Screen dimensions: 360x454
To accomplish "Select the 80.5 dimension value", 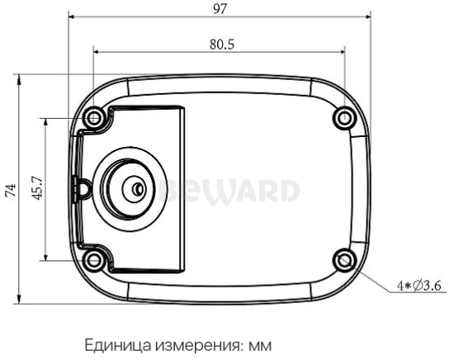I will click(220, 43).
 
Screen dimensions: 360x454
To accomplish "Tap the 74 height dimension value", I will click(10, 189).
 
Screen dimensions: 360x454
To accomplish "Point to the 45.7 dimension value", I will click(36, 189).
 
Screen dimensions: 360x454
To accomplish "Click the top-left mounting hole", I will click(95, 117).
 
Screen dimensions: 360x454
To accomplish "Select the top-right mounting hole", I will click(344, 117).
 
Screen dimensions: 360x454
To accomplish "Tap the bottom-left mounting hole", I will click(95, 261).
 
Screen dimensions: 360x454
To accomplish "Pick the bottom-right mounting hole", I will click(344, 261).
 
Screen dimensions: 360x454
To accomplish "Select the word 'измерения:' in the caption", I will click(191, 343).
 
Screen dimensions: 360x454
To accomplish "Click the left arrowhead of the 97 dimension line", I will click(72, 16).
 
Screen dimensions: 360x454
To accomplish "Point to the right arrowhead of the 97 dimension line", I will click(369, 16).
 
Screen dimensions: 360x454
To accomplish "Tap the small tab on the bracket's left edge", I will click(82, 187).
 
